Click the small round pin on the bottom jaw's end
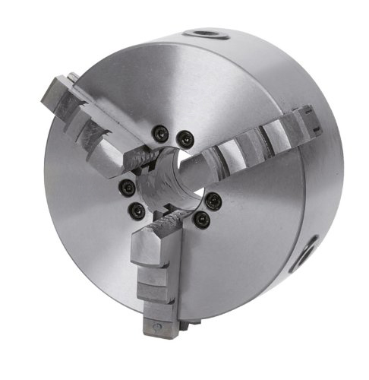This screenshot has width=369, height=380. click(156, 327)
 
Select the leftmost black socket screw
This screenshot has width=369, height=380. click(125, 186)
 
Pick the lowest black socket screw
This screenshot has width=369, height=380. click(200, 219)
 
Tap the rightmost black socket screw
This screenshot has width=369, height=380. click(214, 199)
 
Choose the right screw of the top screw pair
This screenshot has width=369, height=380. click(184, 138)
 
